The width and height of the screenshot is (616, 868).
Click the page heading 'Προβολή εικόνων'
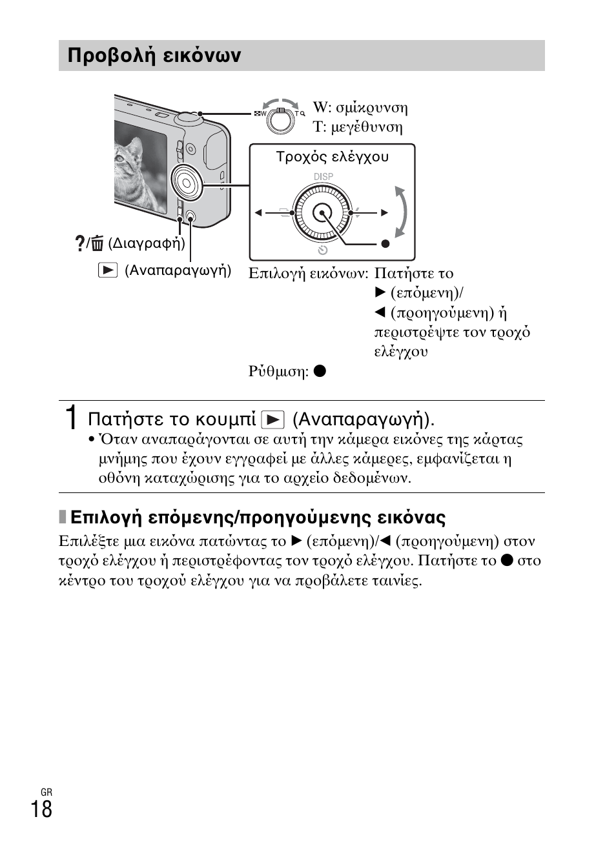pyautogui.click(x=154, y=56)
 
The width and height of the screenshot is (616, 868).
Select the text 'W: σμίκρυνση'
pyautogui.click(x=360, y=108)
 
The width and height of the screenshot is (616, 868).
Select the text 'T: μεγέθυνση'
pyautogui.click(x=358, y=127)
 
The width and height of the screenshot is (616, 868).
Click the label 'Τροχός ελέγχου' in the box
pyautogui.click(x=333, y=157)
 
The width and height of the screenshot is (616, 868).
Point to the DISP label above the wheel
pyautogui.click(x=323, y=176)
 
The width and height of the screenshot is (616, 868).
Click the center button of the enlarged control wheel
pyautogui.click(x=322, y=212)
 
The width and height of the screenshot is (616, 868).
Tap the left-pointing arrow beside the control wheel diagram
pyautogui.click(x=258, y=212)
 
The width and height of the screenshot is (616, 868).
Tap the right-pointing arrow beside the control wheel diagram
pyautogui.click(x=385, y=212)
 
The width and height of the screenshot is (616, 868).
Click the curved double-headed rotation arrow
pyautogui.click(x=402, y=212)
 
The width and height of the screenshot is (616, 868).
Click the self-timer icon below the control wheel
pyautogui.click(x=323, y=250)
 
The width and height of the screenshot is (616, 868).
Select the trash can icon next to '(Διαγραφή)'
pyautogui.click(x=97, y=243)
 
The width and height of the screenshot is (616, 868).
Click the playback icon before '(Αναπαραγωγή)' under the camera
pyautogui.click(x=108, y=270)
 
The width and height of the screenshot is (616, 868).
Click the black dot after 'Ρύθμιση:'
pyautogui.click(x=320, y=371)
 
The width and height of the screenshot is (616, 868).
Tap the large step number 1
pyautogui.click(x=74, y=418)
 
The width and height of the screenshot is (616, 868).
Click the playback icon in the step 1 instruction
pyautogui.click(x=273, y=420)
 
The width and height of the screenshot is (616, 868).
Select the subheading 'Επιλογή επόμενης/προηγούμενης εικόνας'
pyautogui.click(x=258, y=518)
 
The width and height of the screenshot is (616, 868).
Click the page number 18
pyautogui.click(x=41, y=809)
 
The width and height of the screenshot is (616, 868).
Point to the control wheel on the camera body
pyautogui.click(x=187, y=183)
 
